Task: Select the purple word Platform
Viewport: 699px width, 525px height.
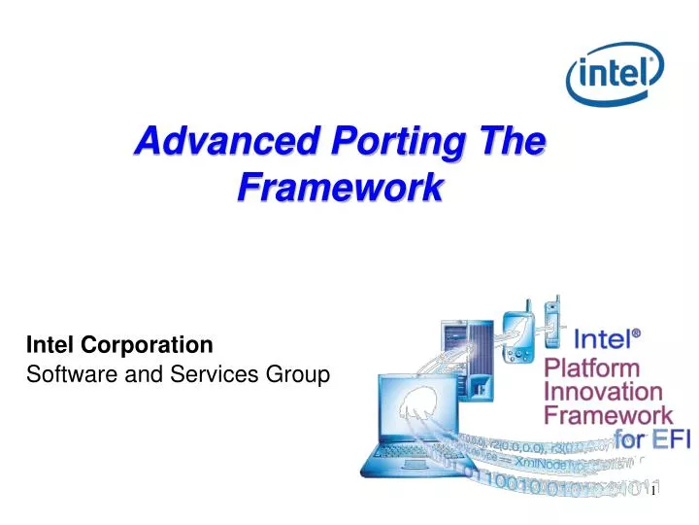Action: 591,368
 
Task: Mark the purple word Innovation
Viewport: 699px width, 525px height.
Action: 603,391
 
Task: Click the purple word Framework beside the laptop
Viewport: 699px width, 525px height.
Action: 608,414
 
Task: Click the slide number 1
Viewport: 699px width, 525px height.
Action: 654,491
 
